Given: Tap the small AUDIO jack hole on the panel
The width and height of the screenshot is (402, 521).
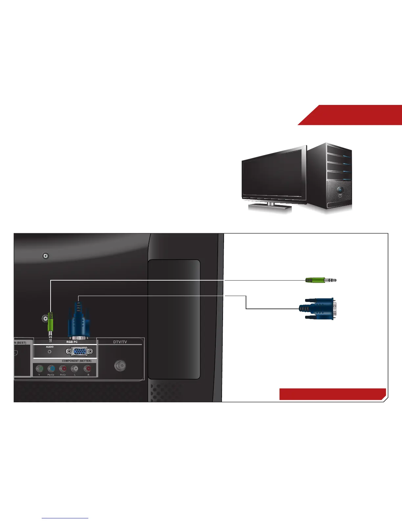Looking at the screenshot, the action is pos(50,352).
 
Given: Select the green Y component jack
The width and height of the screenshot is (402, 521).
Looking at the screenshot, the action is pos(39,369).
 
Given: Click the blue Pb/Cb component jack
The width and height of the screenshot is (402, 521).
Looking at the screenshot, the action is pos(51,369).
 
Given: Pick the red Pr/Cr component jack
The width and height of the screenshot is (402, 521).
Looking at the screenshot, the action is pos(63,369).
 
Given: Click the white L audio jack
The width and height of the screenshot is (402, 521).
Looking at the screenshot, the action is pos(75,369).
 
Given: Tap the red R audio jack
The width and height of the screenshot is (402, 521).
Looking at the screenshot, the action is pos(87,369).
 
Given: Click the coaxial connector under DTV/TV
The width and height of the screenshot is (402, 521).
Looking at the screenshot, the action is pos(120,365).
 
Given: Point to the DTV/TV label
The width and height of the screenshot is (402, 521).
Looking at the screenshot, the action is pos(120,342).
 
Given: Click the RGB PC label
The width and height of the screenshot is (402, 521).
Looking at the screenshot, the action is pos(72,342).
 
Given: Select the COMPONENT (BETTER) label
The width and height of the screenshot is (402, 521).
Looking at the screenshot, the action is pos(77,361).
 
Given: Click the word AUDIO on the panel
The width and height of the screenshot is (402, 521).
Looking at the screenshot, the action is pos(50,347).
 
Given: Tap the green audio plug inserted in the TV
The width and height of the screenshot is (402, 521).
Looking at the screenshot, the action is pos(50,322).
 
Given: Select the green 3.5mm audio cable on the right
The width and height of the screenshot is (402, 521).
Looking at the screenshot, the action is pos(320,280).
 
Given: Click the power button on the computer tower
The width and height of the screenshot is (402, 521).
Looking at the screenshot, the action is pos(339,190).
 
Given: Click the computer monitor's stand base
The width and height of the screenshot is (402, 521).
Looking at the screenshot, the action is pos(270,207).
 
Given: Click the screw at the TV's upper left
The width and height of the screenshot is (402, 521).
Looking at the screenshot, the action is pos(46,256).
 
